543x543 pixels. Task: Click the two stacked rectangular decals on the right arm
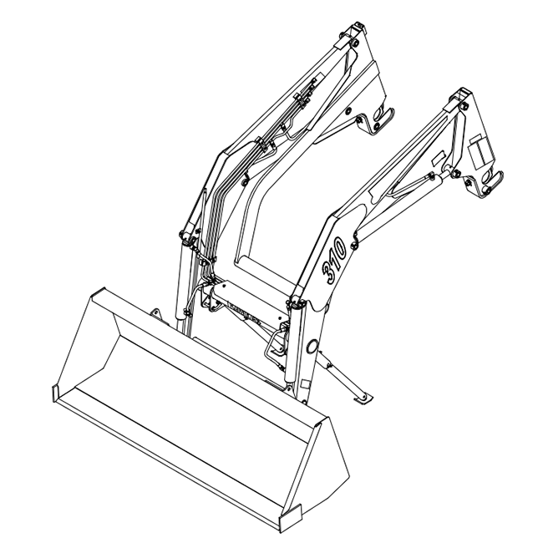click(478, 151)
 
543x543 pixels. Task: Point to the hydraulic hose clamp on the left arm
click(266, 145)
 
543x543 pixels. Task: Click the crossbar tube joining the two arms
click(251, 292)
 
